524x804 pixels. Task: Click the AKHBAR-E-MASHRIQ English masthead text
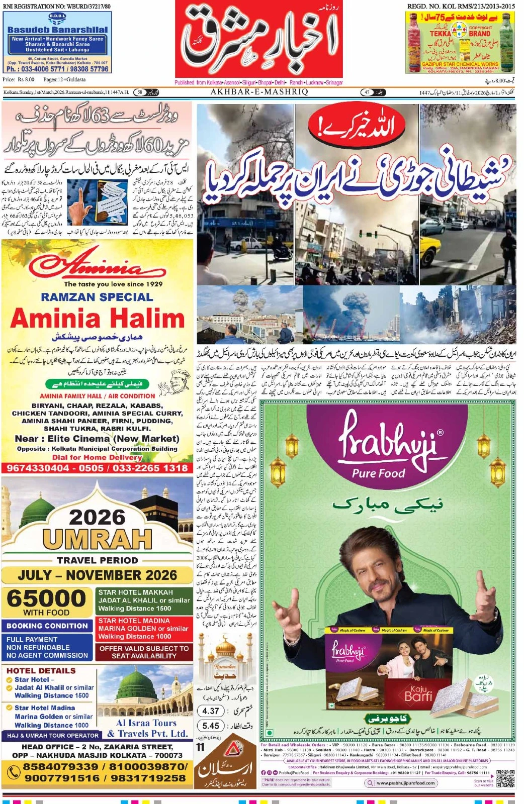pos(259,92)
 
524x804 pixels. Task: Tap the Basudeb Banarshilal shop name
pos(57,30)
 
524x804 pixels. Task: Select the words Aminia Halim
pos(98,319)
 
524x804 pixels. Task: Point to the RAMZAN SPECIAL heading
pos(97,297)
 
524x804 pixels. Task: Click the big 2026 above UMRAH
pos(97,518)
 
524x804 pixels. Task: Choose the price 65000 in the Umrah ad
pos(46,598)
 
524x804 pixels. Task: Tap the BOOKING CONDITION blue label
pos(47,626)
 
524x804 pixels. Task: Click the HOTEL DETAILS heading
pos(41,670)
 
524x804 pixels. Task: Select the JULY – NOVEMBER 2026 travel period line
pos(97,575)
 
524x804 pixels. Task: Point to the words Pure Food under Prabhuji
pos(378,473)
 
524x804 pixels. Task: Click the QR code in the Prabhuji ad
pos(505,778)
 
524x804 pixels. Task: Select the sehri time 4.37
pos(211,711)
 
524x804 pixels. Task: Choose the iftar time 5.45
pos(211,726)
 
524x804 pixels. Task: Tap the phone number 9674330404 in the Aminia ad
pos(38,468)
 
